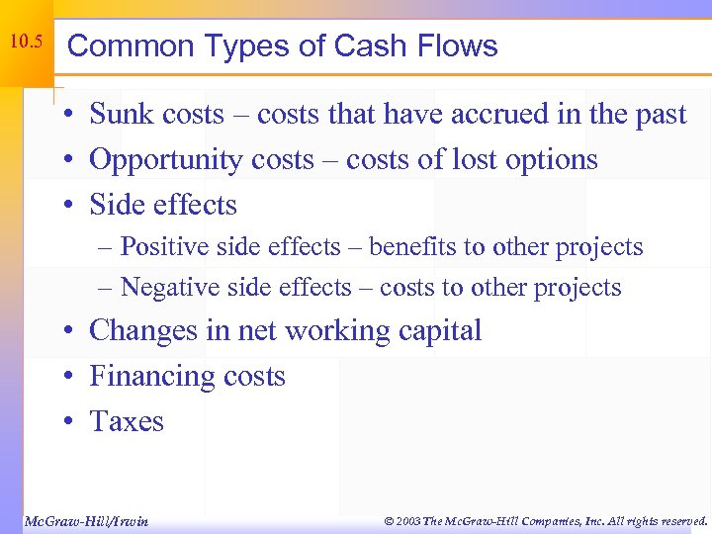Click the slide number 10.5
click(25, 44)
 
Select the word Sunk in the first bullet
click(120, 115)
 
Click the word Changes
click(143, 330)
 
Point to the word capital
click(435, 330)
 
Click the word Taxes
click(127, 421)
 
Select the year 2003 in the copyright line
click(404, 520)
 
